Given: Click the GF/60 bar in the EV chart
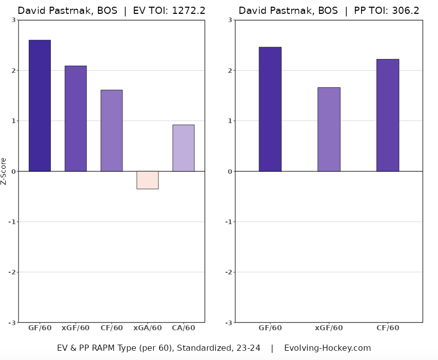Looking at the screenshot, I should pyautogui.click(x=39, y=106).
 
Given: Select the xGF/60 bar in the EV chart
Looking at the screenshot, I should pyautogui.click(x=75, y=118).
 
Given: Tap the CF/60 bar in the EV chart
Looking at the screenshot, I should pyautogui.click(x=111, y=130).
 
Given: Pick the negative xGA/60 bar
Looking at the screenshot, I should pyautogui.click(x=147, y=180).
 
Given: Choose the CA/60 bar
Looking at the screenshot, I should pyautogui.click(x=183, y=148).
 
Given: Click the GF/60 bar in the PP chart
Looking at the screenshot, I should pyautogui.click(x=270, y=109).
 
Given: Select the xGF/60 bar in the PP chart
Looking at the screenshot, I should pyautogui.click(x=329, y=129).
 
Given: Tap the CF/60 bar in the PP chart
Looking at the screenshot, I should pyautogui.click(x=387, y=115).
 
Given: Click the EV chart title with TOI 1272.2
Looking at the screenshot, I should pyautogui.click(x=111, y=11).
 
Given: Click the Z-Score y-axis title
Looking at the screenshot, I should pyautogui.click(x=4, y=171).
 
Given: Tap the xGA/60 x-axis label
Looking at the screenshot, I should pyautogui.click(x=147, y=328).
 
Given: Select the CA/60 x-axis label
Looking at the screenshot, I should pyautogui.click(x=183, y=328).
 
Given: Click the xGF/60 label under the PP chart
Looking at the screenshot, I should pyautogui.click(x=329, y=328).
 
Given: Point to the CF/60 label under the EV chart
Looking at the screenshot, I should pyautogui.click(x=111, y=328).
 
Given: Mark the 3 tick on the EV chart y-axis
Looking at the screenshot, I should pyautogui.click(x=13, y=20).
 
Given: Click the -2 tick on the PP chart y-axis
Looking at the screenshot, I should pyautogui.click(x=229, y=272).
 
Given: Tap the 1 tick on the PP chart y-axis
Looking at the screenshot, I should pyautogui.click(x=231, y=121).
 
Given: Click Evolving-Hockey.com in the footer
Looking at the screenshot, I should pyautogui.click(x=327, y=348).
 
